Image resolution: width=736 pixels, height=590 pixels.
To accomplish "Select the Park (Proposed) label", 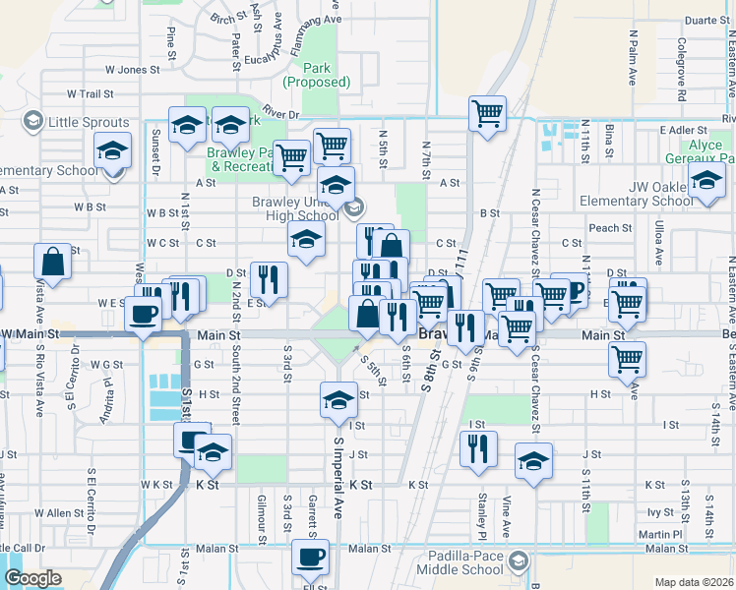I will pos(316,75).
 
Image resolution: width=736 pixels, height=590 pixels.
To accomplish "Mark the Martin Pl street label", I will pos(658,534).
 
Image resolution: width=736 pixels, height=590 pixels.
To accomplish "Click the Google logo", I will pos(32,578).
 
